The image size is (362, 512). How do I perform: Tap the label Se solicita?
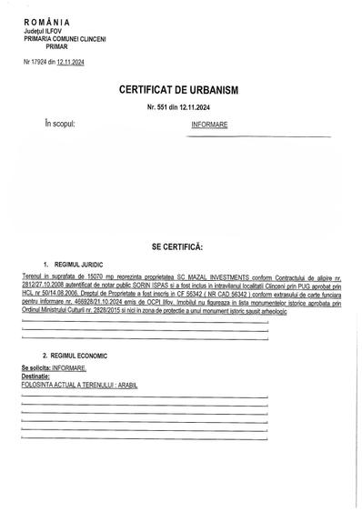point(35,367)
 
